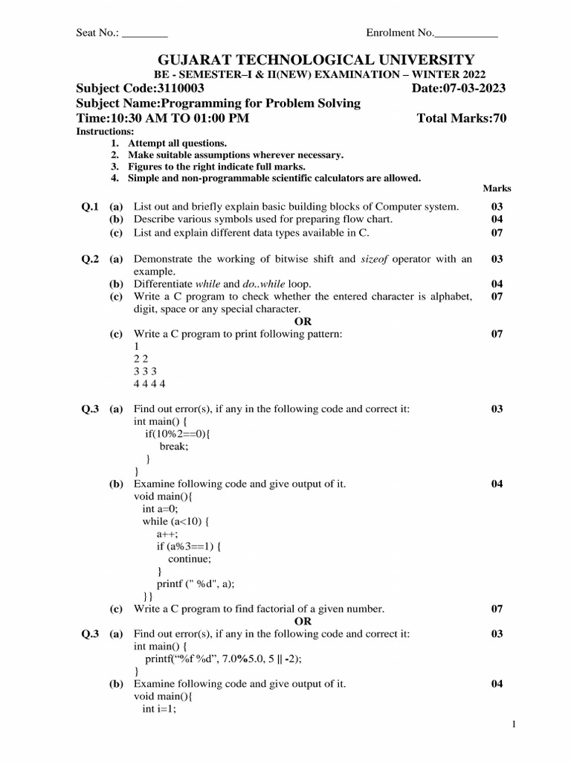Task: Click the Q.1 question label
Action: pos(90,206)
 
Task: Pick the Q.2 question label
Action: pos(90,259)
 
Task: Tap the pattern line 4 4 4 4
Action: pos(149,384)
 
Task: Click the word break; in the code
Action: pos(174,446)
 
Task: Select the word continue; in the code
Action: pos(190,558)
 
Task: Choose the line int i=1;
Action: pos(158,709)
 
